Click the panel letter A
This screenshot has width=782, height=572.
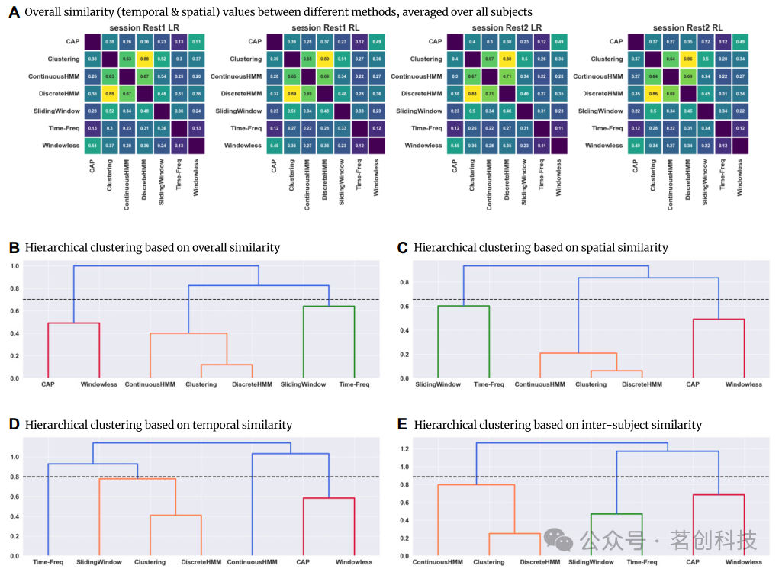(13, 12)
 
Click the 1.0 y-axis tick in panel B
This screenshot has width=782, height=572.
(14, 266)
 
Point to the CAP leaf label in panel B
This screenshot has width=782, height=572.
(48, 384)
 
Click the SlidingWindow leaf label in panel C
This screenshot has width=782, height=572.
(438, 384)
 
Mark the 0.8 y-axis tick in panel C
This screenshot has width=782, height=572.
(404, 282)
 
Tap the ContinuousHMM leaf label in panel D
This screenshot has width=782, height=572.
(252, 562)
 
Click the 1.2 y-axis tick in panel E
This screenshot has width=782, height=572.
(404, 449)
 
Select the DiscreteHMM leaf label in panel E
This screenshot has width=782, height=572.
(540, 562)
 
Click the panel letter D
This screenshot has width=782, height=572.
(13, 424)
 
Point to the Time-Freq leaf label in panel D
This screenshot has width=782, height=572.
(47, 562)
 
